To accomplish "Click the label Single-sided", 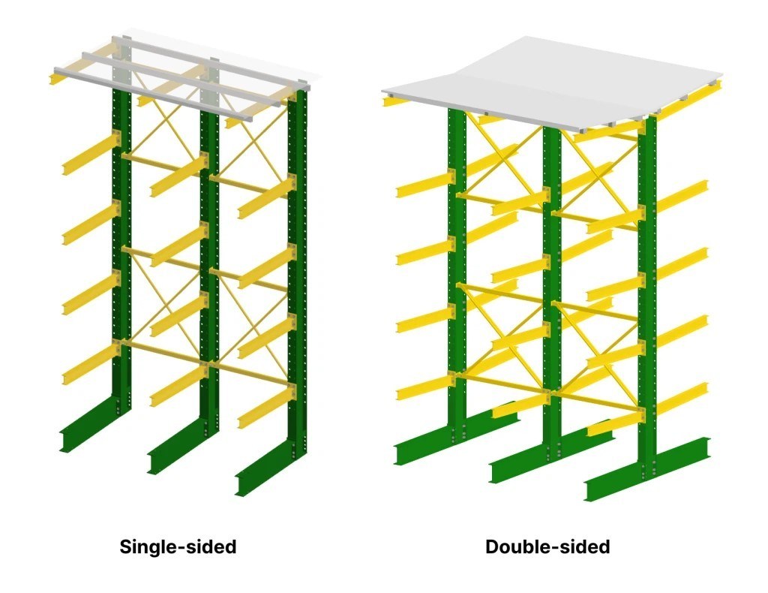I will tap(178, 546).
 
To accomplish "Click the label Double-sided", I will tap(547, 546).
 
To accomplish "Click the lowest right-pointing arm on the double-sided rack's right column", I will tap(682, 398).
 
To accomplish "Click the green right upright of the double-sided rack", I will tap(646, 300).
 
